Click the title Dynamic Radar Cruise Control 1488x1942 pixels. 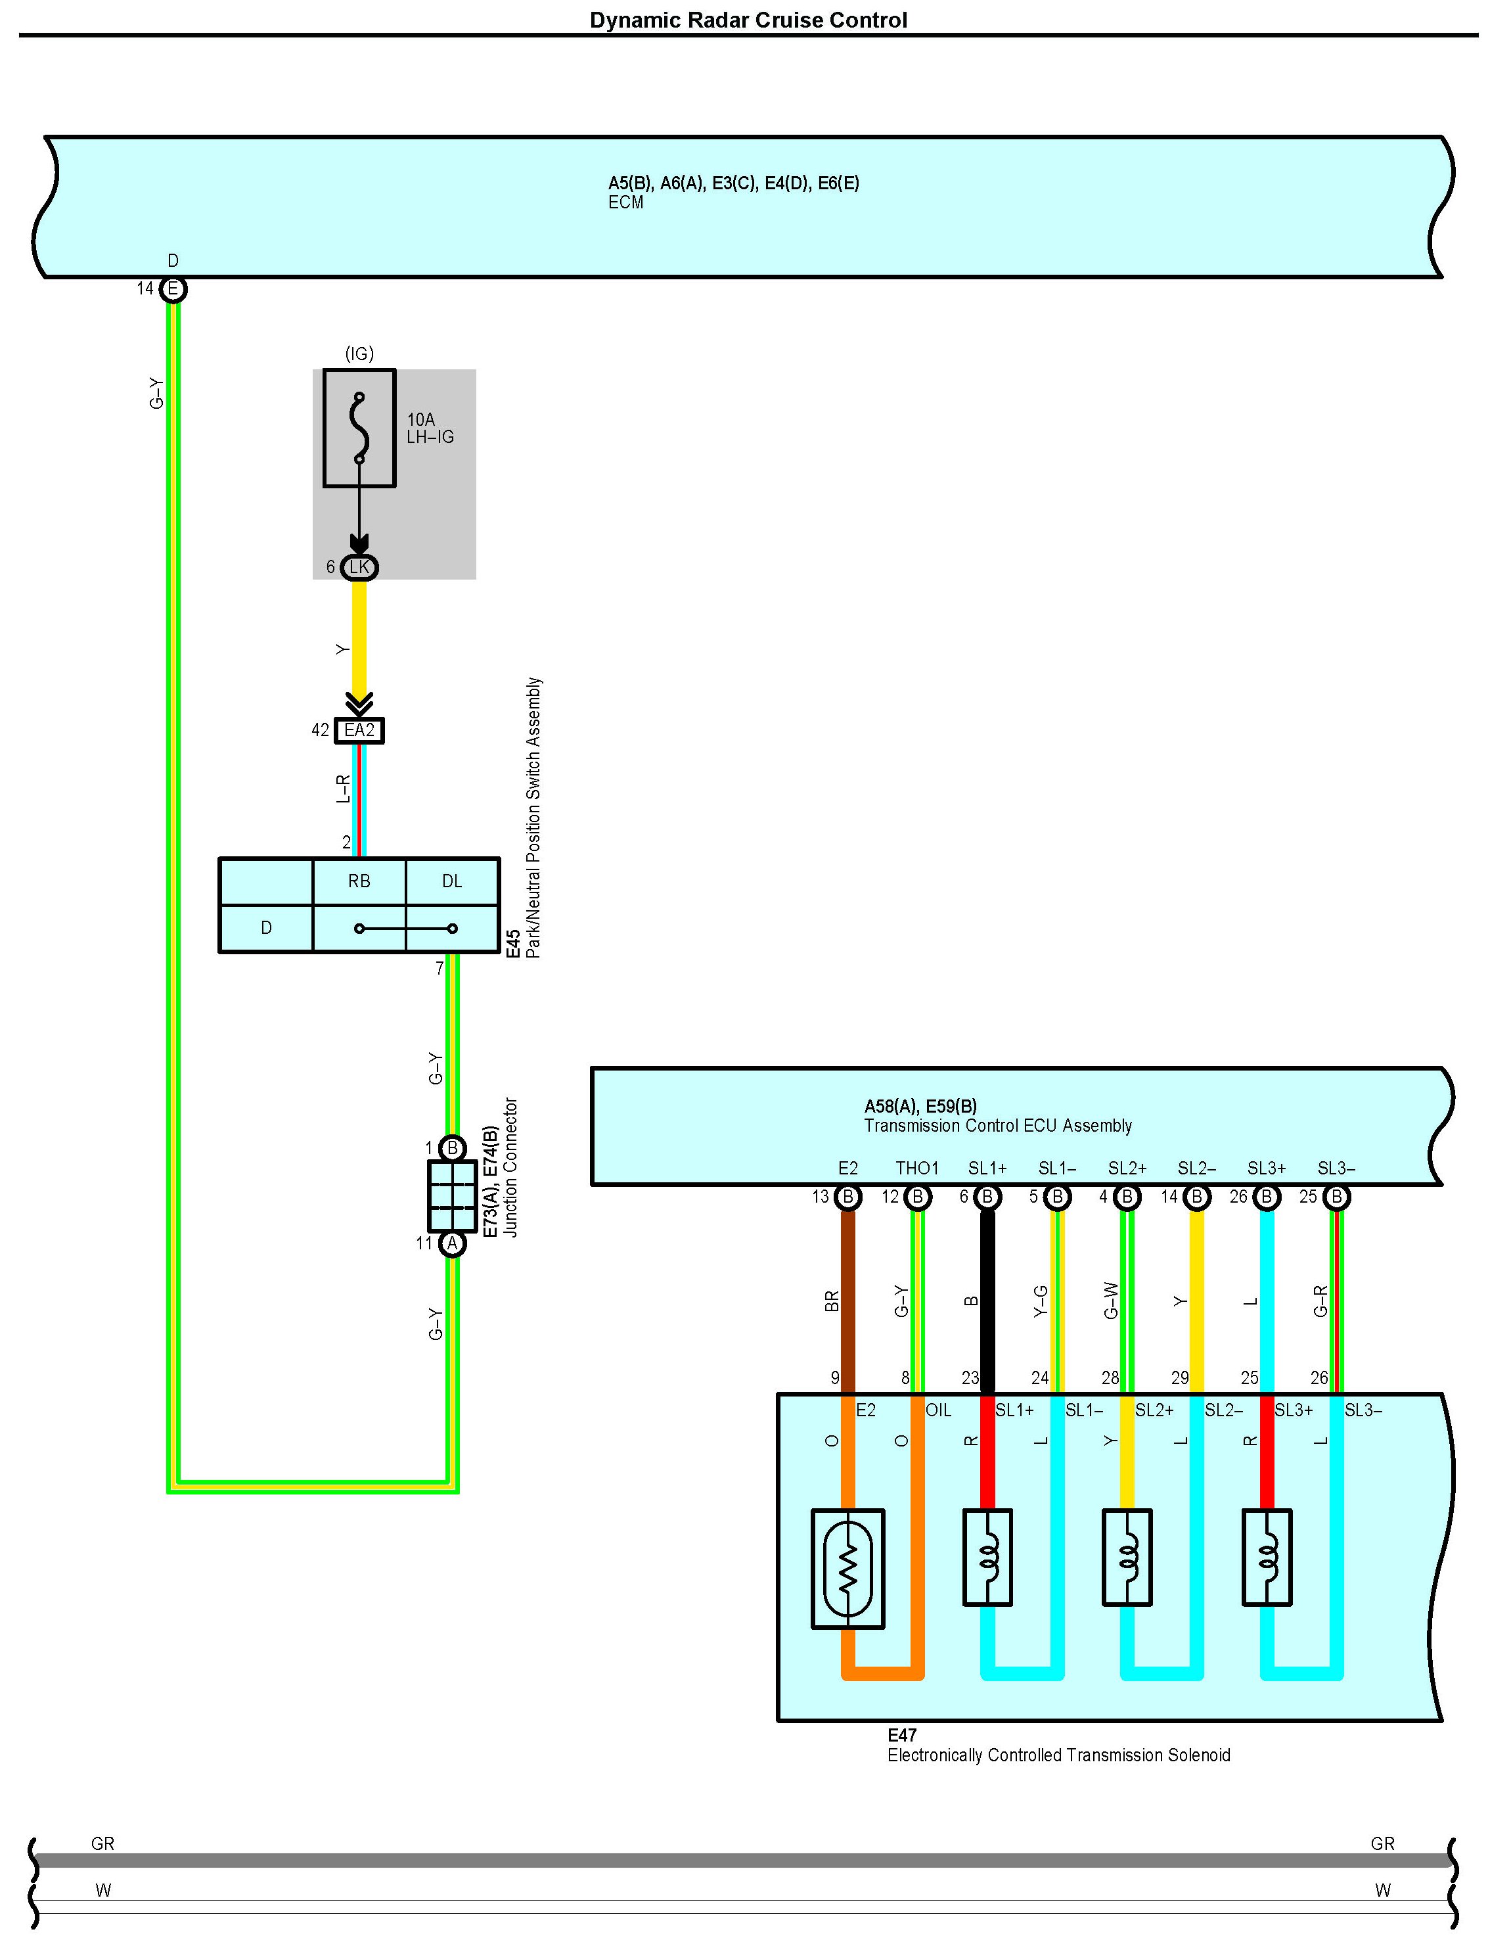(x=748, y=20)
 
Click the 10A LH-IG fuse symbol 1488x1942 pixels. (x=359, y=428)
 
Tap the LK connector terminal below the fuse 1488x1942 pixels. (x=359, y=567)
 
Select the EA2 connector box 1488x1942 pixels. (x=359, y=730)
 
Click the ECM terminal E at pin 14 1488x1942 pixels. (x=173, y=289)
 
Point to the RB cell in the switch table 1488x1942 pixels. (x=359, y=881)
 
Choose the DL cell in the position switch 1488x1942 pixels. (x=452, y=881)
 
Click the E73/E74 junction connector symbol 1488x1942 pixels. (x=452, y=1196)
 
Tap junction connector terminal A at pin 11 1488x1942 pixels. (x=452, y=1243)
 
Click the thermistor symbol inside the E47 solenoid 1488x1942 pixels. (x=847, y=1568)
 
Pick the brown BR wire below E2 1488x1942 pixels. (x=847, y=1301)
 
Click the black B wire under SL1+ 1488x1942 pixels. (x=987, y=1301)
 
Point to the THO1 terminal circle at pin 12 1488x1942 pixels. (x=918, y=1197)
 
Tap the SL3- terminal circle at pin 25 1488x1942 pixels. (x=1336, y=1197)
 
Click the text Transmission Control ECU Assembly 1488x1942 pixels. (x=998, y=1125)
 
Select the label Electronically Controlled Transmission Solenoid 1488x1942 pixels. (x=1058, y=1755)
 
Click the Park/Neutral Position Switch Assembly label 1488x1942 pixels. (x=533, y=818)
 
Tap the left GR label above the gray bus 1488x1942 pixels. (x=102, y=1843)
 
